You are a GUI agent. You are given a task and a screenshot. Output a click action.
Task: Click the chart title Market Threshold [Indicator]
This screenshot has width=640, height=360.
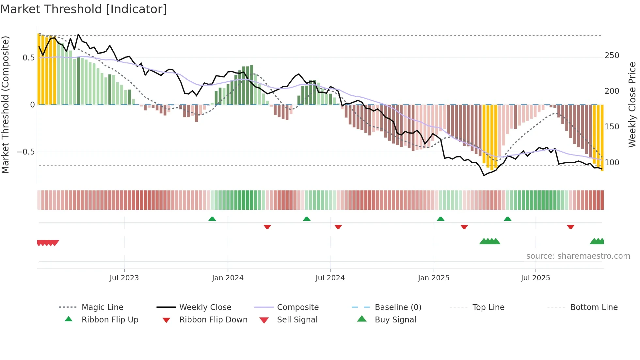(x=84, y=9)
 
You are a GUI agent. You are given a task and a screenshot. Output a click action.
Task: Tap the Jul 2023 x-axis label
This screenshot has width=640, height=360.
(x=124, y=278)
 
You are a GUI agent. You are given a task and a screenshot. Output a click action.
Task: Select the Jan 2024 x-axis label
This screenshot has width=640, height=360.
(x=228, y=278)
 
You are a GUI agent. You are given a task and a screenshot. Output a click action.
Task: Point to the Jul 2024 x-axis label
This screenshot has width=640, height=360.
(x=330, y=278)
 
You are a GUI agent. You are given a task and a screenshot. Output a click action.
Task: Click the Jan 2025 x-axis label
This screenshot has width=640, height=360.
(x=434, y=278)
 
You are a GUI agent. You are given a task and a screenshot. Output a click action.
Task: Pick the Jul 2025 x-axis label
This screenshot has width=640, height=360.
(x=536, y=278)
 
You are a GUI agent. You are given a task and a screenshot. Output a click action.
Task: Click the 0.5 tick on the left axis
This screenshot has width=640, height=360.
(x=28, y=58)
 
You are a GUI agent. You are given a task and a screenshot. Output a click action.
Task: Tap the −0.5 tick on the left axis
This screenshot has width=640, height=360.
(x=25, y=152)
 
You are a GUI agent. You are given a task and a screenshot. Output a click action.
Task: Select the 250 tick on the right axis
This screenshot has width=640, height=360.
(x=612, y=56)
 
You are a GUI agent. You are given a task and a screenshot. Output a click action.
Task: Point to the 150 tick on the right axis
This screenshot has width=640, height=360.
(x=612, y=127)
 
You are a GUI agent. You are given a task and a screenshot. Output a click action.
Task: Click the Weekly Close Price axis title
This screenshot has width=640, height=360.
(x=632, y=105)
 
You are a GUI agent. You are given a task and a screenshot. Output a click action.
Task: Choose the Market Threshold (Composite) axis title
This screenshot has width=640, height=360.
(x=5, y=105)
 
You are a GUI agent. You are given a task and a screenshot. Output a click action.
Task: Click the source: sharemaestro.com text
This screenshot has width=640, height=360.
(x=578, y=256)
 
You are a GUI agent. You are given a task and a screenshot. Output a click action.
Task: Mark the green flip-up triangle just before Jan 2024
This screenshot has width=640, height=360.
(x=212, y=219)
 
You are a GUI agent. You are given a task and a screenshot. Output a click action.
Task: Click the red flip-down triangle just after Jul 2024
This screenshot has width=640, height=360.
(x=338, y=227)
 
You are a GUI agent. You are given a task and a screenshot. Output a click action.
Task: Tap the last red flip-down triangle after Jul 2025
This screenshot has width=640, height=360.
(x=570, y=227)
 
